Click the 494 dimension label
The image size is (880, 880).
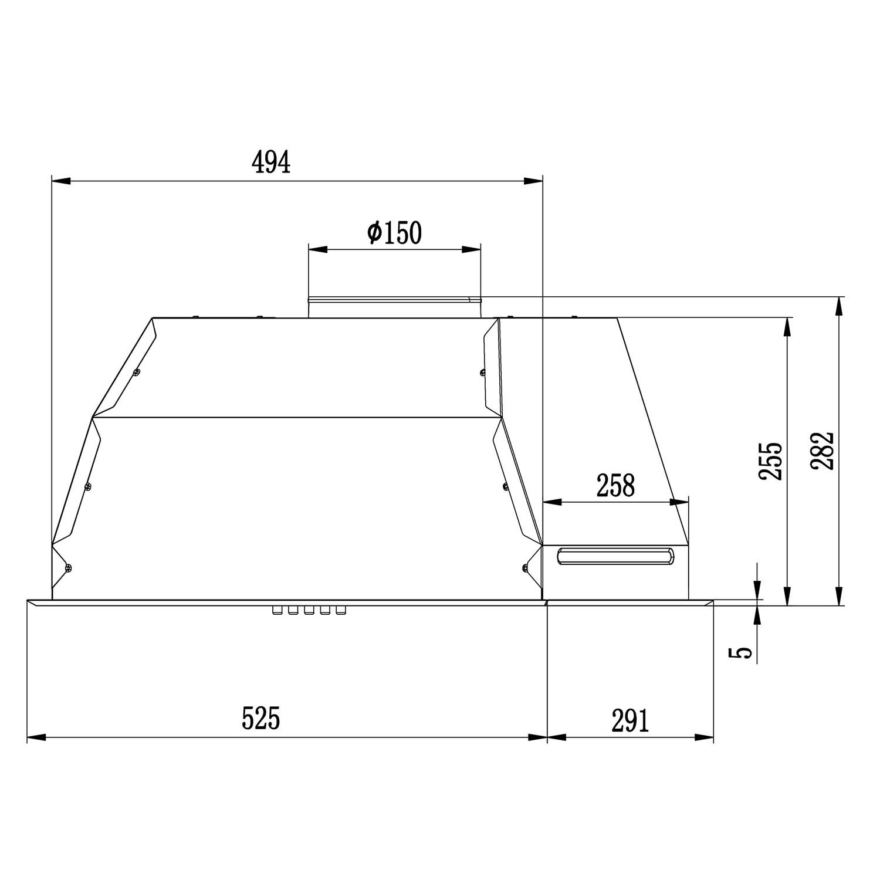(x=270, y=163)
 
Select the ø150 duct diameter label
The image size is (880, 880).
(x=394, y=233)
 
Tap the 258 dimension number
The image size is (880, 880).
(x=615, y=485)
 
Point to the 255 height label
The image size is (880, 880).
(x=771, y=461)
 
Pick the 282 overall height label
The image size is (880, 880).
(x=822, y=451)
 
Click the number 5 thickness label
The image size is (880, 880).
(x=743, y=652)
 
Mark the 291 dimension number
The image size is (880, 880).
(x=631, y=720)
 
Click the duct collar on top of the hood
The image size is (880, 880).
(x=394, y=307)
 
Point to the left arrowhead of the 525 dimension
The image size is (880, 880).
(x=36, y=737)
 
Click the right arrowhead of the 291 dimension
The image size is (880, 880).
(x=705, y=737)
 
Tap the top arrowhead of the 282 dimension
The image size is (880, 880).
(x=840, y=306)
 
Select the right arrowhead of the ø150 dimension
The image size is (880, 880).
(x=471, y=249)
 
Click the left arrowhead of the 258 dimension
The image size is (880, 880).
(x=552, y=502)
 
